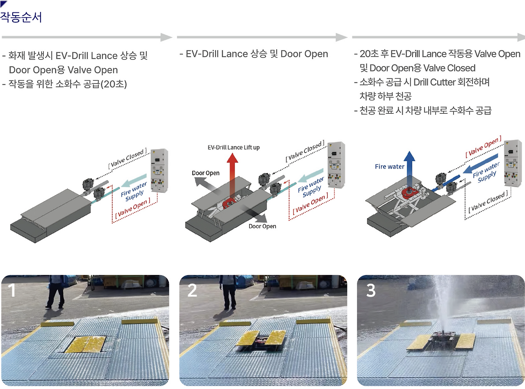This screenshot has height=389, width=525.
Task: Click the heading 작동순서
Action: pyautogui.click(x=21, y=17)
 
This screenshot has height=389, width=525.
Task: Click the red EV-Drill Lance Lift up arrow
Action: pyautogui.click(x=232, y=177)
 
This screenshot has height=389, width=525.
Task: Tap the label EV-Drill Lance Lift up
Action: pyautogui.click(x=234, y=147)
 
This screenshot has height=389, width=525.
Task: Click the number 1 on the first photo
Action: pyautogui.click(x=11, y=290)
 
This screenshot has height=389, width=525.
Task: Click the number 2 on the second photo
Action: pyautogui.click(x=192, y=290)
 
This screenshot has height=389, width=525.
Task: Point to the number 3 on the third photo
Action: pyautogui.click(x=371, y=290)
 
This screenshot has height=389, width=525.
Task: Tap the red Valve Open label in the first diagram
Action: pyautogui.click(x=133, y=208)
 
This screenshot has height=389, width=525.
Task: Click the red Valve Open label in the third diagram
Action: pyautogui.click(x=483, y=146)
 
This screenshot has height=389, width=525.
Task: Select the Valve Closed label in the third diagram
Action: pyautogui.click(x=488, y=201)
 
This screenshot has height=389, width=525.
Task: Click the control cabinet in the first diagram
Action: pyautogui.click(x=159, y=170)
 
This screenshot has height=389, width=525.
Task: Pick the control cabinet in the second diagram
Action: pyautogui.click(x=336, y=165)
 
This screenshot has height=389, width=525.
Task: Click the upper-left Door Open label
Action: pyautogui.click(x=205, y=173)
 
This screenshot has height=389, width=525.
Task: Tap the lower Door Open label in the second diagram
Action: pyautogui.click(x=262, y=226)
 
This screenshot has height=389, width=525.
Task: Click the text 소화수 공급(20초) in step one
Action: pyautogui.click(x=91, y=84)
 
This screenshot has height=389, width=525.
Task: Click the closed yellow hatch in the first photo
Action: pyautogui.click(x=85, y=344)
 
